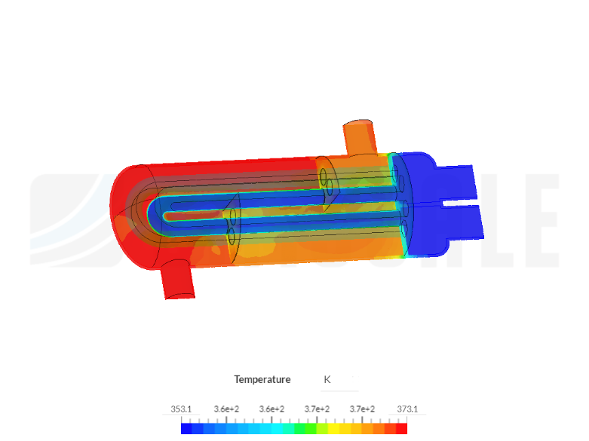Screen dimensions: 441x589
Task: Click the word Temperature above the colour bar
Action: (x=262, y=379)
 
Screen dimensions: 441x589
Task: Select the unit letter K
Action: (x=327, y=379)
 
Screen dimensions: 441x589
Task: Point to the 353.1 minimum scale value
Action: (x=181, y=409)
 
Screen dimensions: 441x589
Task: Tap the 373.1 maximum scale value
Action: (x=407, y=409)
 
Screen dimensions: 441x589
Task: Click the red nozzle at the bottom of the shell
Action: (x=178, y=280)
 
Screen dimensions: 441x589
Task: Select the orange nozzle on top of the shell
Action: (x=358, y=136)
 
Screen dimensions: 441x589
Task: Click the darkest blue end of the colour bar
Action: (x=186, y=428)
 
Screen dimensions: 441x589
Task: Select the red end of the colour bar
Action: (x=402, y=428)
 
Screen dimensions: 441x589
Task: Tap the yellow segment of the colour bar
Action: (x=334, y=428)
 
